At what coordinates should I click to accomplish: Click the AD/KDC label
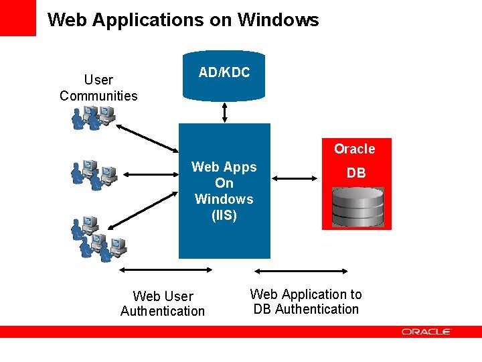point(224,72)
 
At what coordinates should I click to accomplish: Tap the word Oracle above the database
point(354,149)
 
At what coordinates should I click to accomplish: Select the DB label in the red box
point(356,173)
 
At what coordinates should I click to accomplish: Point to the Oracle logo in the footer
point(426,332)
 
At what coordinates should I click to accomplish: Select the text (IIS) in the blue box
point(224,215)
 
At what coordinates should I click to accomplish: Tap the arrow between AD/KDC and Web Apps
point(224,112)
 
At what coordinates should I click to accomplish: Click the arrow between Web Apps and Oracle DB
point(295,178)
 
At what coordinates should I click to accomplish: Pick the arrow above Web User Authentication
point(165,269)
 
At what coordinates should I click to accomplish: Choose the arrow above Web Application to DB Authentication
point(303,271)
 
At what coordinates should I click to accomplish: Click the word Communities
point(98,95)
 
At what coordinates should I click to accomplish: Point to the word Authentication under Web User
point(163,311)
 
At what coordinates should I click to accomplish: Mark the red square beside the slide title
point(17,17)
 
